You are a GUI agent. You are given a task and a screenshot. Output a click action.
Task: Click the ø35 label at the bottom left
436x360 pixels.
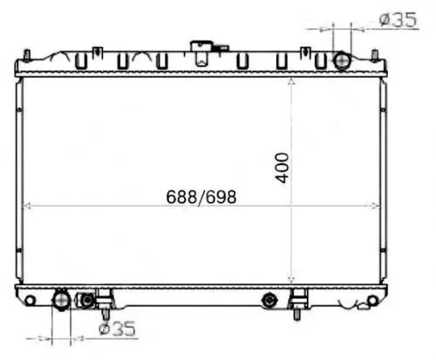coord(117,329)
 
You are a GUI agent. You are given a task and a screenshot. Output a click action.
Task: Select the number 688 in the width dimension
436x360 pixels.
coord(181,196)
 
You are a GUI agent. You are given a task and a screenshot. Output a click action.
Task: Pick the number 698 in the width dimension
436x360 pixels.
coord(221,196)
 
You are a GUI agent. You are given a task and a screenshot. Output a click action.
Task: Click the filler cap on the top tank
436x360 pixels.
coord(206,47)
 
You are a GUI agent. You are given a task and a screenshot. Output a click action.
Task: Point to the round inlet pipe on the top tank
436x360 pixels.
coord(342,61)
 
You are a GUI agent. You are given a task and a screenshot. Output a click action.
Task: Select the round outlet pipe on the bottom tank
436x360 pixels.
coord(61,301)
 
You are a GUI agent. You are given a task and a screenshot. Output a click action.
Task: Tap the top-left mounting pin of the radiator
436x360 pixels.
coord(27,56)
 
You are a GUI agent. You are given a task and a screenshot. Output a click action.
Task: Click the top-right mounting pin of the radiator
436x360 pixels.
coord(375,56)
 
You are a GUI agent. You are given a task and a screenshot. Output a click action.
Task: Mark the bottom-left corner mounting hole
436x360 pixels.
coord(30,302)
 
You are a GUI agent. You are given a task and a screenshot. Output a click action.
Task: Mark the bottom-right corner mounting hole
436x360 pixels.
coord(373,302)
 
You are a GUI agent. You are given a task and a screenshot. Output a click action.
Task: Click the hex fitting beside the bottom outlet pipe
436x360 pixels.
coord(87,301)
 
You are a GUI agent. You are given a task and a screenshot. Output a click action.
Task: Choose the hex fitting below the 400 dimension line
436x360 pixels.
coord(269,302)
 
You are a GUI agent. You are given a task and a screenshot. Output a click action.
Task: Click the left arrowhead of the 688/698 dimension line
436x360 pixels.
coord(24,207)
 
